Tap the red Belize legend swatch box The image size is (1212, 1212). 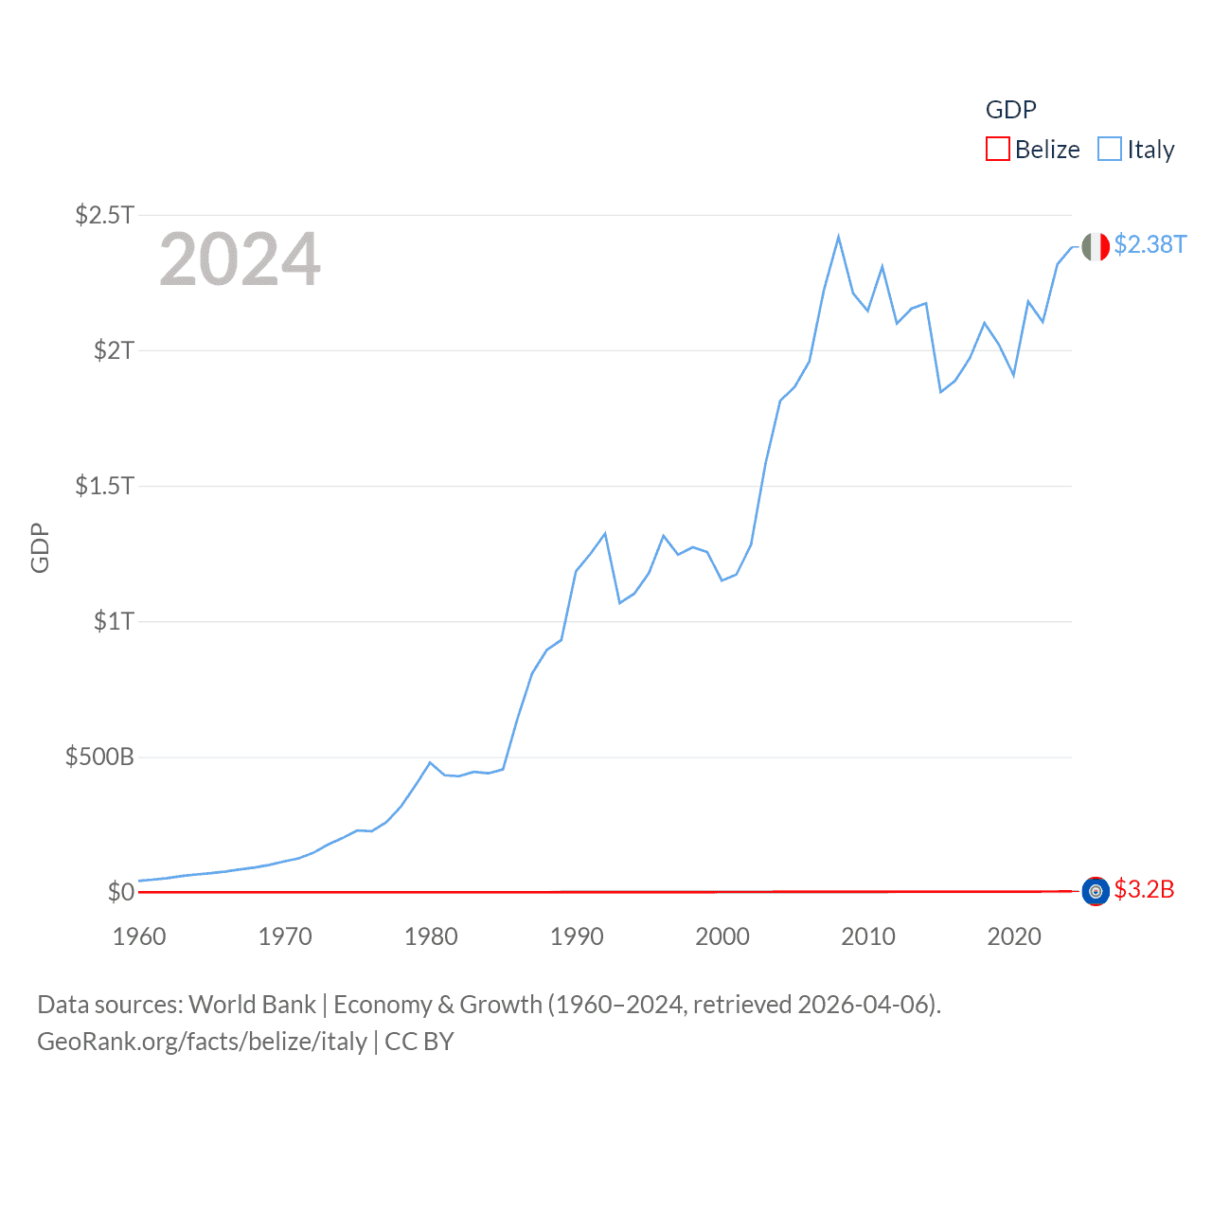click(x=998, y=150)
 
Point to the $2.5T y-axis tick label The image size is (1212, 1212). click(x=104, y=215)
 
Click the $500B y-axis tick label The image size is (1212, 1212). click(x=99, y=757)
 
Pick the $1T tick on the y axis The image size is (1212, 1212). click(x=114, y=621)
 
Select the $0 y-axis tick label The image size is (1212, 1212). click(x=120, y=892)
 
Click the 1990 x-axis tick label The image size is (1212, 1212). click(x=577, y=936)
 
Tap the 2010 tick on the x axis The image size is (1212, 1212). click(x=868, y=936)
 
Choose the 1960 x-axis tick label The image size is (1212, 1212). click(x=139, y=936)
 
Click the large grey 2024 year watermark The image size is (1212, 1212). click(x=240, y=259)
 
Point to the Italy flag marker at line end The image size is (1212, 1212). click(x=1096, y=247)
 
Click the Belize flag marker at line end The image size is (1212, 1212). click(x=1096, y=891)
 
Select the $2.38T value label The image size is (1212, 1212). click(x=1150, y=244)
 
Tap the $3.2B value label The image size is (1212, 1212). click(x=1144, y=889)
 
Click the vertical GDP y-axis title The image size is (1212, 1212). click(x=40, y=547)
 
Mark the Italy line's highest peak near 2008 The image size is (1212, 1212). click(x=839, y=237)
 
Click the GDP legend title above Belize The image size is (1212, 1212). click(x=1011, y=110)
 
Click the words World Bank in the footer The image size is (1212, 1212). click(x=253, y=1004)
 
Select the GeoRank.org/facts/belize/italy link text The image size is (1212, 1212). click(x=202, y=1042)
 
